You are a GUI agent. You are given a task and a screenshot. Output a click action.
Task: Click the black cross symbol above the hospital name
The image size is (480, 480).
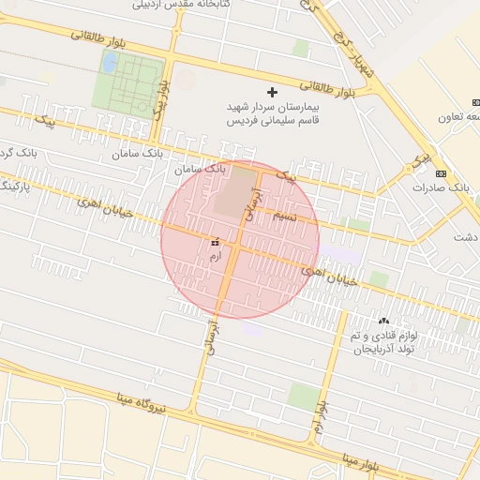coord(273,93)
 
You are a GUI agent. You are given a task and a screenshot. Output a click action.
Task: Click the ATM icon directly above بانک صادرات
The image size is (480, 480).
coord(441,172)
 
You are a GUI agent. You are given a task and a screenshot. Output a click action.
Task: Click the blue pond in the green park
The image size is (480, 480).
coord(110,64)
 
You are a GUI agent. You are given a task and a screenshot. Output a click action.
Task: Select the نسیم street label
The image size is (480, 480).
coord(285,217)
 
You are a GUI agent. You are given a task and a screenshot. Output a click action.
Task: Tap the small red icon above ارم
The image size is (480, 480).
coord(216,240)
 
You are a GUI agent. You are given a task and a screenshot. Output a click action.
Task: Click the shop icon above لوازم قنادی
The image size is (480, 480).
coord(383,321)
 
